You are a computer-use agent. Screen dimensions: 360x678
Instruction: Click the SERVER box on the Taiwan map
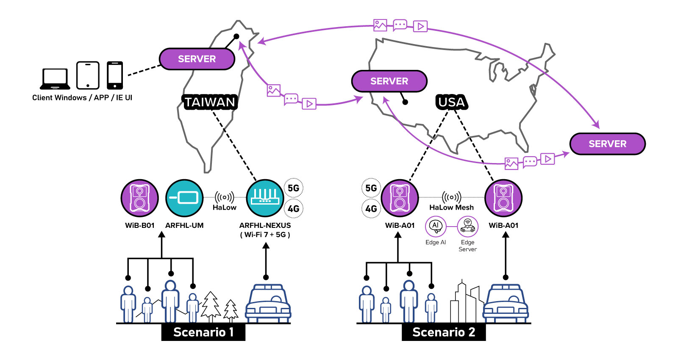coord(197,59)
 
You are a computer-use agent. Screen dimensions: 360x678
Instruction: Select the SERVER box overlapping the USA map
coord(389,81)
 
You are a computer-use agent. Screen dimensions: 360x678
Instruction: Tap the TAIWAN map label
coord(210,102)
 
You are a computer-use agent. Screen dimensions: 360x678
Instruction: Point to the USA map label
coord(451,102)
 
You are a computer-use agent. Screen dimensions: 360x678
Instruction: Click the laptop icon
coord(56,78)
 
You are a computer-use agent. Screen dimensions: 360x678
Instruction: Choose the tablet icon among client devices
coord(88,75)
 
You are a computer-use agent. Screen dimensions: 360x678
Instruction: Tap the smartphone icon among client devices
coord(115,75)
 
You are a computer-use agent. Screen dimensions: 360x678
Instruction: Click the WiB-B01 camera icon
coord(139,198)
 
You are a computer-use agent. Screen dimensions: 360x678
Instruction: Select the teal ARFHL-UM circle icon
coord(184,198)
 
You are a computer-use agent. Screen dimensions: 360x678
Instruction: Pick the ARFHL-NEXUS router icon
coord(265,198)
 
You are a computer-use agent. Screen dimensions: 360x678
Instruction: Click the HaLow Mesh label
coord(451,208)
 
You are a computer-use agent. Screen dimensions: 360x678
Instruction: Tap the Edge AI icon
coord(436,227)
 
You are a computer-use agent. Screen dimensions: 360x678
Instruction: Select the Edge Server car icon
coord(467,227)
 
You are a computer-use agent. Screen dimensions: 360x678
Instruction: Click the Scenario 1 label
coord(203,332)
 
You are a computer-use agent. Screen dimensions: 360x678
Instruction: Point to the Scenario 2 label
coord(444,332)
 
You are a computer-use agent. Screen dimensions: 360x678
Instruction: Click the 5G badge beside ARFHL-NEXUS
coord(293,188)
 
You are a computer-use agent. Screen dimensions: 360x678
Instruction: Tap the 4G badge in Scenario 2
coord(371,209)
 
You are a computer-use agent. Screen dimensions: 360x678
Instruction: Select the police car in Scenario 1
coord(268,304)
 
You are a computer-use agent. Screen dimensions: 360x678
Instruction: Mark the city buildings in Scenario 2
coord(467,303)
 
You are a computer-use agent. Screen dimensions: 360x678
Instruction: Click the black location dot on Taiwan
coord(236,36)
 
